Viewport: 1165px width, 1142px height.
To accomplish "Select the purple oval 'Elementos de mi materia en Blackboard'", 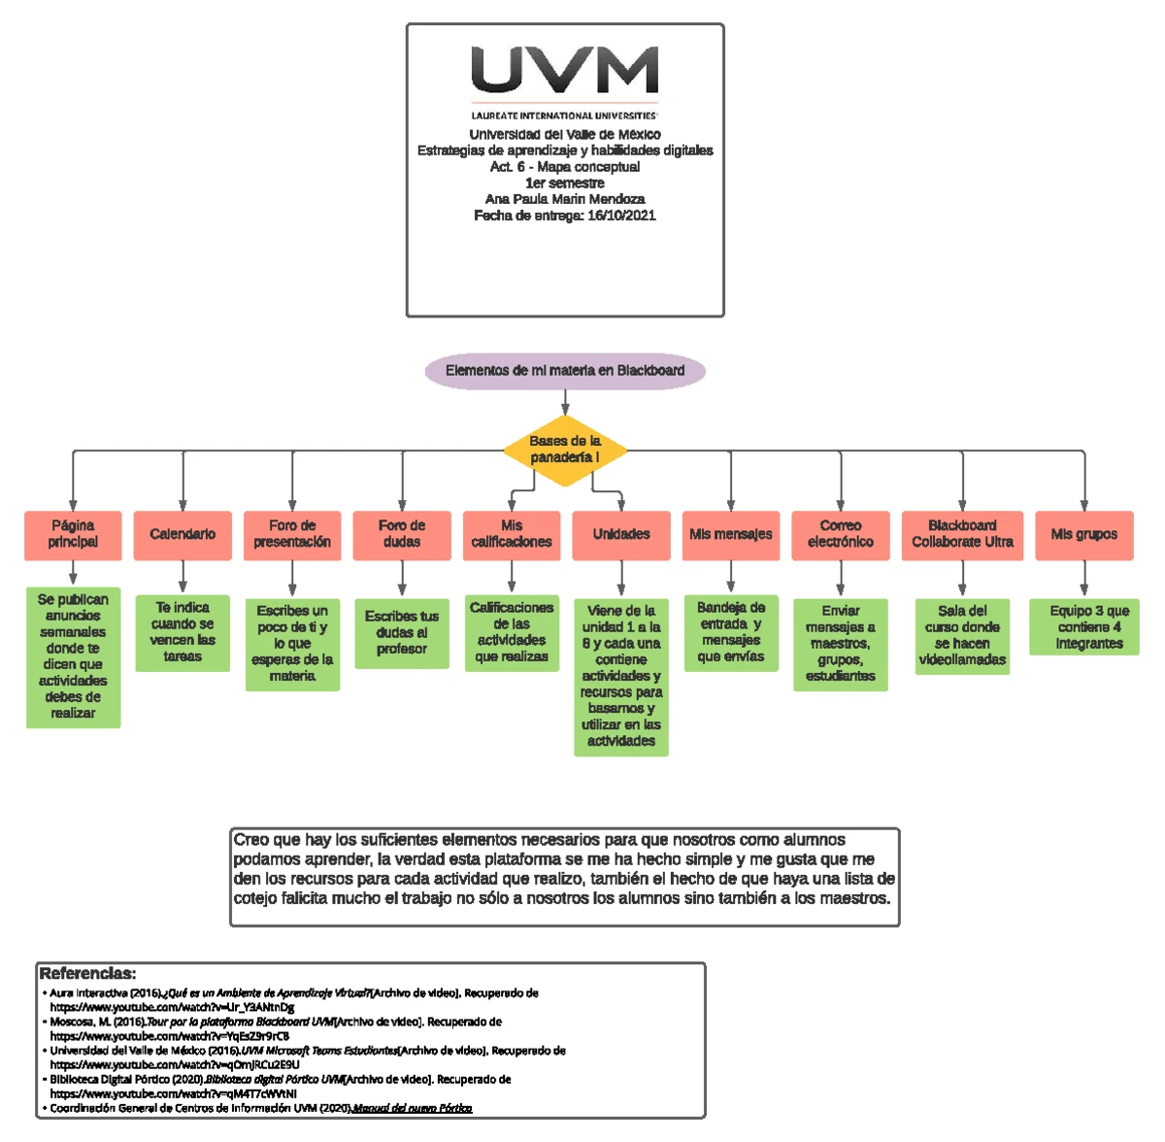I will (565, 370).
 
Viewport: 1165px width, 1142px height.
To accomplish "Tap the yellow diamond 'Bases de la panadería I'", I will (565, 450).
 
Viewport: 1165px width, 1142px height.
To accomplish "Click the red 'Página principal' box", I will (73, 535).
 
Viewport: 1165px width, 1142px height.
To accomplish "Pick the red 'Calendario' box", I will (183, 535).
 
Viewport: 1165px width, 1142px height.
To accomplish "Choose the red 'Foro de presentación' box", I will (292, 535).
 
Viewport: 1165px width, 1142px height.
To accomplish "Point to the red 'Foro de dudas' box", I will (402, 535).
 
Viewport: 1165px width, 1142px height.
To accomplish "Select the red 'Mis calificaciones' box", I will (512, 535).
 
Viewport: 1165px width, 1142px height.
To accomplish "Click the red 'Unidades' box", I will (621, 535).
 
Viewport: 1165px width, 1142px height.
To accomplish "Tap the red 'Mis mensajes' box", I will (731, 535).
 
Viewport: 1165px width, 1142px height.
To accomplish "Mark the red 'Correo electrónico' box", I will (841, 535).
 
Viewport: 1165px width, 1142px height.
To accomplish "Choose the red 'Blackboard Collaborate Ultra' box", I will (962, 535).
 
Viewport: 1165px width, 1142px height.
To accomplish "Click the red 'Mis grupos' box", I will (1084, 535).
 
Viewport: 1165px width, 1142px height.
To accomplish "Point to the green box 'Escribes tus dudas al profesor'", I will (402, 632).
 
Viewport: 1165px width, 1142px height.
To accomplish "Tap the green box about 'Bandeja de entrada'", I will (731, 632).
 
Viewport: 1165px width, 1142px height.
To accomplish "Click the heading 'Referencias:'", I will (87, 973).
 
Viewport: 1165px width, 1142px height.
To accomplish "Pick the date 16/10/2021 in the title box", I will (621, 216).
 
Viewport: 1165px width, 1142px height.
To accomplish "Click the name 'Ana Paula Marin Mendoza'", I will (565, 199).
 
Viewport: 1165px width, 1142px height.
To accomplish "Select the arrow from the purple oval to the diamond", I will (565, 402).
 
